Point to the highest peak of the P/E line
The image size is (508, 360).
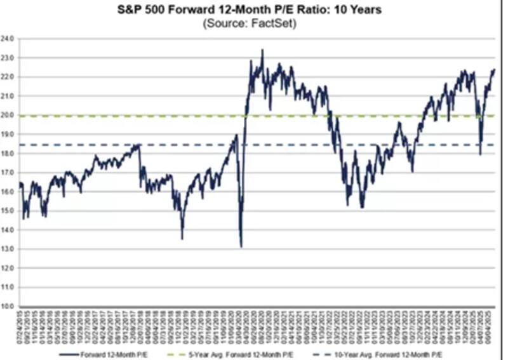click(262, 50)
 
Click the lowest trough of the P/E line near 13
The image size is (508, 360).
click(241, 246)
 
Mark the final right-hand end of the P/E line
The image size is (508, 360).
click(494, 69)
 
